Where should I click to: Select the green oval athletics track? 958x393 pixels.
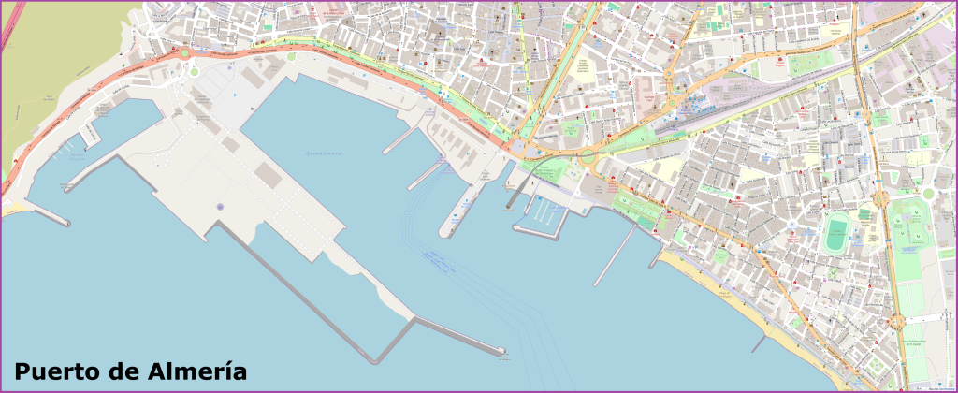pyautogui.click(x=835, y=234)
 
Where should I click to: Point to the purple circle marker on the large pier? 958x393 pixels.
pyautogui.click(x=219, y=206)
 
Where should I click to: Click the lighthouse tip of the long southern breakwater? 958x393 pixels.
pyautogui.click(x=502, y=353)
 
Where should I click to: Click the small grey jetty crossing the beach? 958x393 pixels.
pyautogui.click(x=761, y=343)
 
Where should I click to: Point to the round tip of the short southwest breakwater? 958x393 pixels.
pyautogui.click(x=66, y=223)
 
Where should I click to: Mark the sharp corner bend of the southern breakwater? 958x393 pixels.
pyautogui.click(x=378, y=359)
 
